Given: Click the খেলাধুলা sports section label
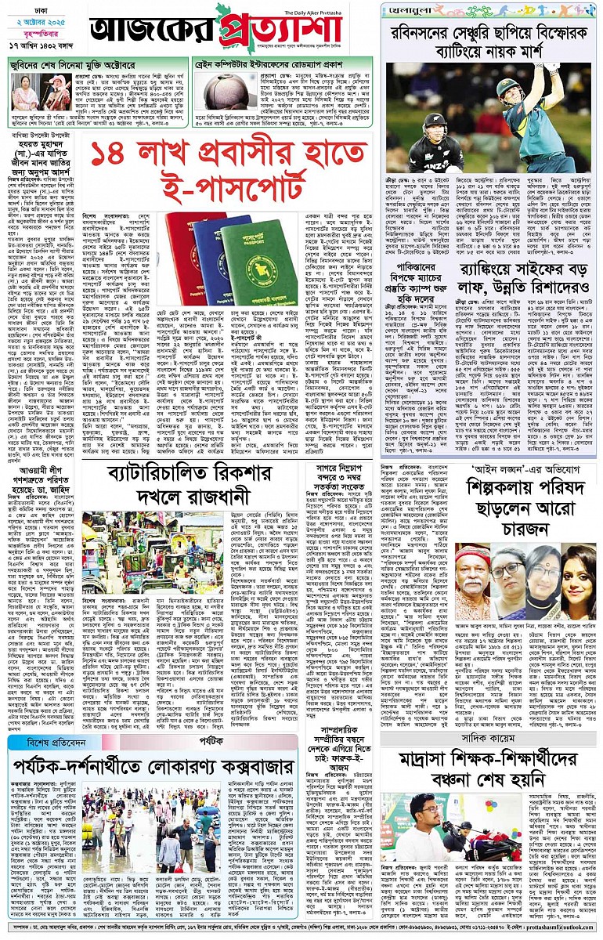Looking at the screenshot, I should [412, 10].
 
